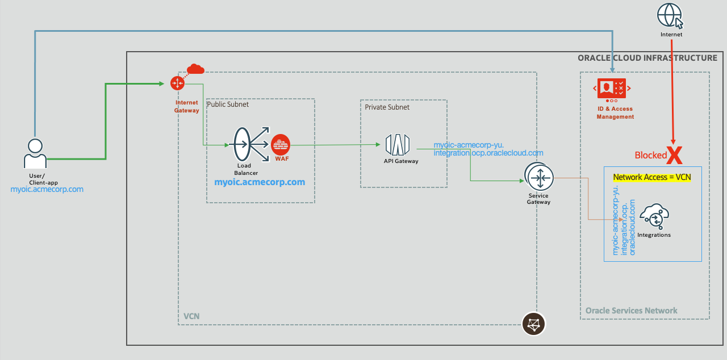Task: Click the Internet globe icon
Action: [670, 15]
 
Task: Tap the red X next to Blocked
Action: [674, 154]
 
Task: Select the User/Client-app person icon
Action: [35, 152]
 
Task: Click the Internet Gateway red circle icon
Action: [178, 83]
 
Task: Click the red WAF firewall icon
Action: [281, 144]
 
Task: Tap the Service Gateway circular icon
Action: [538, 177]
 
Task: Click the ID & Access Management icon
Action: [612, 89]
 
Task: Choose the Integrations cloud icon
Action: [654, 217]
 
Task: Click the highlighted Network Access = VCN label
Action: [652, 177]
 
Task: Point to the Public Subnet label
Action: [228, 104]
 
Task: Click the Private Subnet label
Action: [387, 107]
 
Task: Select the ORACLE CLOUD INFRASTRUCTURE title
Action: [647, 58]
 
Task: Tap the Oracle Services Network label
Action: [631, 311]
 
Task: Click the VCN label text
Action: [191, 316]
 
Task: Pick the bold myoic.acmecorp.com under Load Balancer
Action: [260, 182]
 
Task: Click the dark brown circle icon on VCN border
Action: [533, 324]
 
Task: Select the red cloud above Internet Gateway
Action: [195, 69]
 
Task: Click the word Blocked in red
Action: [650, 155]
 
